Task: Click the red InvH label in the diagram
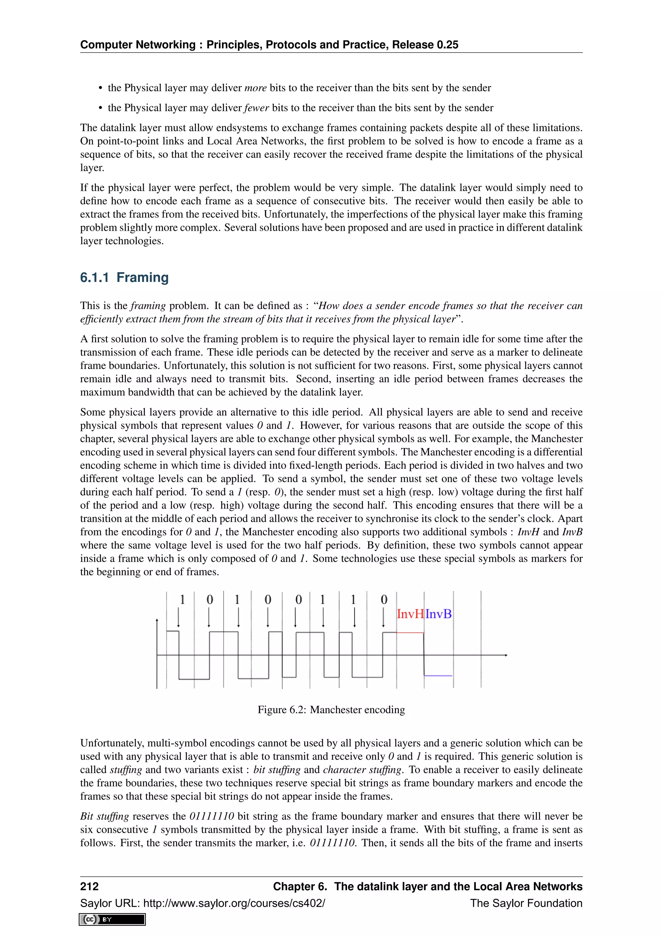point(410,614)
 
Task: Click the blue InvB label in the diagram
point(438,614)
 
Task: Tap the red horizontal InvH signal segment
point(410,633)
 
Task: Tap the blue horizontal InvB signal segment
point(438,676)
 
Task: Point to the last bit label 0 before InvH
point(384,600)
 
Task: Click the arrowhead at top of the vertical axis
point(157,621)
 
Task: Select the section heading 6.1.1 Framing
point(124,278)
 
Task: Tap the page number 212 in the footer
point(89,886)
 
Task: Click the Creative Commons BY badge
point(112,920)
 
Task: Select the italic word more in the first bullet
point(255,88)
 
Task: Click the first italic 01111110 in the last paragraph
point(211,816)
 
